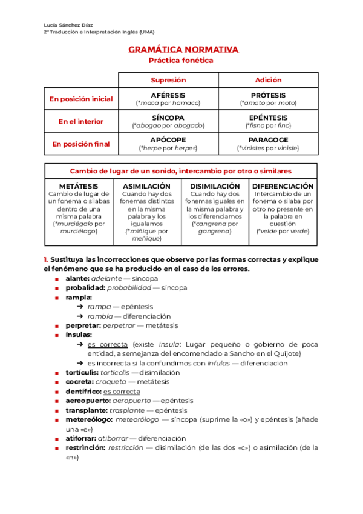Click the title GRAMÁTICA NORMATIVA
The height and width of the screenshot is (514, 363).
pyautogui.click(x=183, y=50)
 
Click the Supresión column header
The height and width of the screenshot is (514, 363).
pyautogui.click(x=168, y=80)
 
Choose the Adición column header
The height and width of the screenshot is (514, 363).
pyautogui.click(x=267, y=80)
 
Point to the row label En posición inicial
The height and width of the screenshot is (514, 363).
pyautogui.click(x=81, y=99)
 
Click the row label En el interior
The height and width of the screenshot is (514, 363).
pyautogui.click(x=81, y=121)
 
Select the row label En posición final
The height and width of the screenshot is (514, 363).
pyautogui.click(x=81, y=144)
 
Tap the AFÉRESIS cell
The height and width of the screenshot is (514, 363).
pyautogui.click(x=168, y=95)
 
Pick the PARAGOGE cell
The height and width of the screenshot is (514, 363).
pyautogui.click(x=267, y=139)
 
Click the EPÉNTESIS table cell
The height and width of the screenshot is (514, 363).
pyautogui.click(x=267, y=118)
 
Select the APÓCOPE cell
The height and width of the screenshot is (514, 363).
pyautogui.click(x=168, y=139)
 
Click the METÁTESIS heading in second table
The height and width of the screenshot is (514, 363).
pyautogui.click(x=79, y=186)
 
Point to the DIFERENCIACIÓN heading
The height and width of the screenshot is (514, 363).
pyautogui.click(x=283, y=186)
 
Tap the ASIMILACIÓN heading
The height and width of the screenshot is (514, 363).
pyautogui.click(x=146, y=186)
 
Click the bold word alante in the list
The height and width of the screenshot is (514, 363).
pyautogui.click(x=77, y=278)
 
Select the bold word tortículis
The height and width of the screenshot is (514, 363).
pyautogui.click(x=82, y=372)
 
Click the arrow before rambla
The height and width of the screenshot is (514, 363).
pyautogui.click(x=80, y=316)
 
